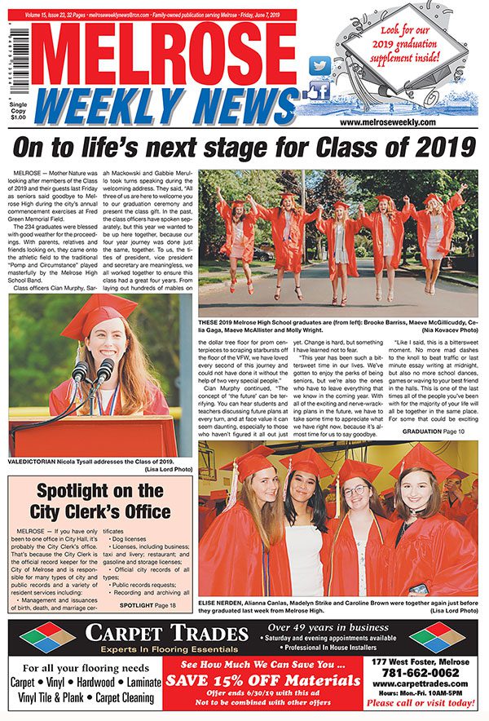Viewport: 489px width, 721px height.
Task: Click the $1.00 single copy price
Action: (17, 117)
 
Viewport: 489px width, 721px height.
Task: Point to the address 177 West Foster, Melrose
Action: (423, 661)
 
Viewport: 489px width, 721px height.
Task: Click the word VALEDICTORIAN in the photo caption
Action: (37, 462)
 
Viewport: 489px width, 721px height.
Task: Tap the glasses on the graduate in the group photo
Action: (355, 491)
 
